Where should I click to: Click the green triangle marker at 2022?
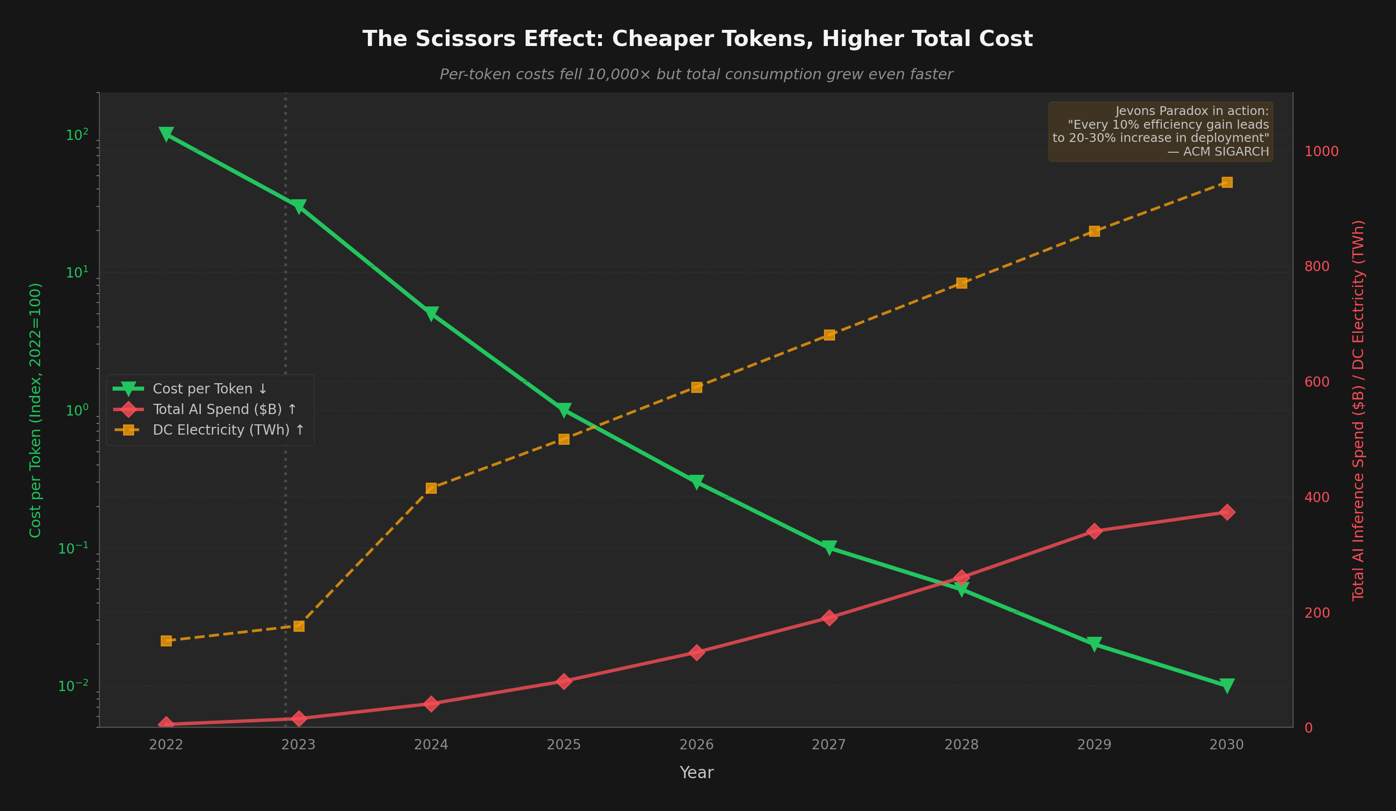coord(166,135)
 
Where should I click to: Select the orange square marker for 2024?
coord(431,487)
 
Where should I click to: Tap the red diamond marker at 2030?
coord(1227,512)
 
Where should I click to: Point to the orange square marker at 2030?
coord(1227,182)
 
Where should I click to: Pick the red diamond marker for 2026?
coord(697,653)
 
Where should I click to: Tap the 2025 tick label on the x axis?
coord(563,744)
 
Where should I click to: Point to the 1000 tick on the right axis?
coord(1321,151)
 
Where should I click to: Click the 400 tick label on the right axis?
coord(1317,497)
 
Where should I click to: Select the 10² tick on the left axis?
coord(76,135)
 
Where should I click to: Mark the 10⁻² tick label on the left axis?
coord(72,686)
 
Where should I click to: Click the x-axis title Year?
coord(697,773)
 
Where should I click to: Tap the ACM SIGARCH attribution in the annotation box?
coord(1226,152)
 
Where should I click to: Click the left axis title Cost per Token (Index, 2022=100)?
coord(35,410)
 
